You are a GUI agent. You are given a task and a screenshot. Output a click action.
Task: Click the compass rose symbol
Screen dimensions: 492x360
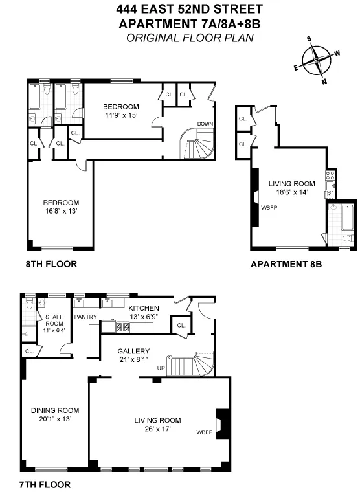coord(317,63)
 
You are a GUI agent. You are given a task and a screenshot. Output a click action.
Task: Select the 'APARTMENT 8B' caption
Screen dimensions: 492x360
coord(286,264)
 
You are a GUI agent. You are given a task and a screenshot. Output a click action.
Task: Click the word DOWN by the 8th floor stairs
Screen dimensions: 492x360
coord(205,124)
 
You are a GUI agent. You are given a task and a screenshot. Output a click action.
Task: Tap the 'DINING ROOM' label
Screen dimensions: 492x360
coord(55,410)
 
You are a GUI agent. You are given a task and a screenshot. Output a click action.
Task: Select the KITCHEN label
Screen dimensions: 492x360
coord(144,307)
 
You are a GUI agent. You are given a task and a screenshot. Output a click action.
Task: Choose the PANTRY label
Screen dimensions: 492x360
coord(85,317)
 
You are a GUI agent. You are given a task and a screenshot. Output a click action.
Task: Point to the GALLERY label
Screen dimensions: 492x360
coord(133,352)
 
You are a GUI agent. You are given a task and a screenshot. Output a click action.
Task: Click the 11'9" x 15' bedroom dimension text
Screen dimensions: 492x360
coord(121,115)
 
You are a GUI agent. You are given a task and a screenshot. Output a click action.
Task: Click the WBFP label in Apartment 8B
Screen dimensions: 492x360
coord(269,208)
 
